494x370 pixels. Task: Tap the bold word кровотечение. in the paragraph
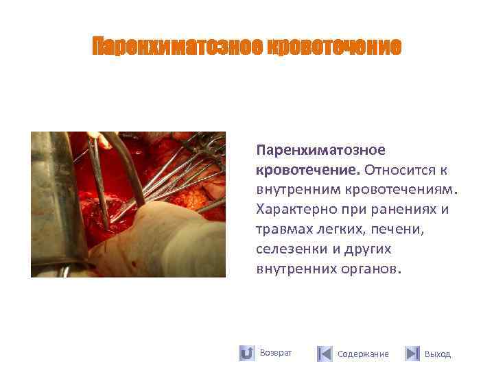tap(309, 169)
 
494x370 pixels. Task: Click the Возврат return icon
tap(247, 354)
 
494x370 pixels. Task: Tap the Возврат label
tap(276, 353)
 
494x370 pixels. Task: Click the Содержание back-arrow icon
tap(325, 354)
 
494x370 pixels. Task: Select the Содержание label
tap(363, 354)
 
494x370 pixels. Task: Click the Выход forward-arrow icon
tap(412, 354)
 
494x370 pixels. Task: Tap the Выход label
tap(438, 354)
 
